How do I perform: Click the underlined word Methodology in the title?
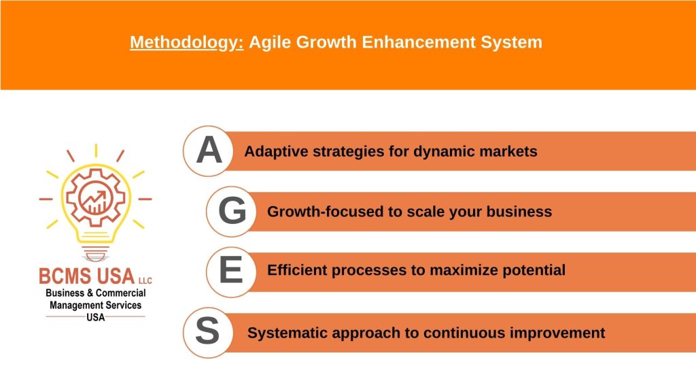[186, 43]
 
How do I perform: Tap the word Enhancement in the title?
[418, 42]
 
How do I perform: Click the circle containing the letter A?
[208, 151]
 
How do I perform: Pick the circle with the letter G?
[231, 211]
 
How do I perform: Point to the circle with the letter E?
[231, 272]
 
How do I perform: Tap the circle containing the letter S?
[208, 332]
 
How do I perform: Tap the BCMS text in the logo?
[67, 276]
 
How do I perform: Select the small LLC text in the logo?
[145, 280]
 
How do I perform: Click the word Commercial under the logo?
[121, 293]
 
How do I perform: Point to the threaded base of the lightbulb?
[95, 253]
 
